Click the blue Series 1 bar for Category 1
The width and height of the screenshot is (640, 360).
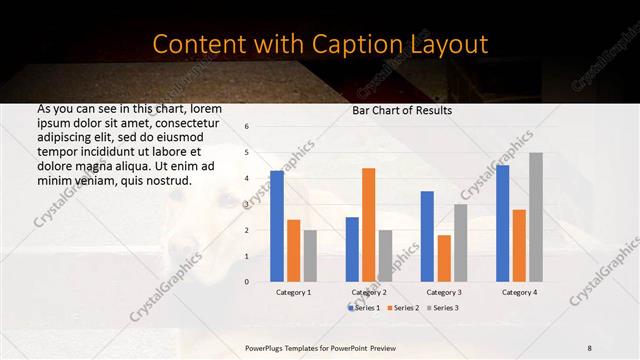277,226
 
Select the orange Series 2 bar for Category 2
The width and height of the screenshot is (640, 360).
368,225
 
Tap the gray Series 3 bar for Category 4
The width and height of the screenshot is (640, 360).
536,217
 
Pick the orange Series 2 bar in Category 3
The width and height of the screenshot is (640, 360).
444,258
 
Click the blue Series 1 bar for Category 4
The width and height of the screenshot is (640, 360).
502,223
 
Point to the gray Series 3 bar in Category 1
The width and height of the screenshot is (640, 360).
310,256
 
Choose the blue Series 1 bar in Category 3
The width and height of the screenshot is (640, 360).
427,236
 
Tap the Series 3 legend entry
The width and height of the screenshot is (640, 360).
443,308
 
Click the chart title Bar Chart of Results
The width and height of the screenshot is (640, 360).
402,110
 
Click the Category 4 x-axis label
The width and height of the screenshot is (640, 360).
519,292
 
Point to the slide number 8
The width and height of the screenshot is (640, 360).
589,347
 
